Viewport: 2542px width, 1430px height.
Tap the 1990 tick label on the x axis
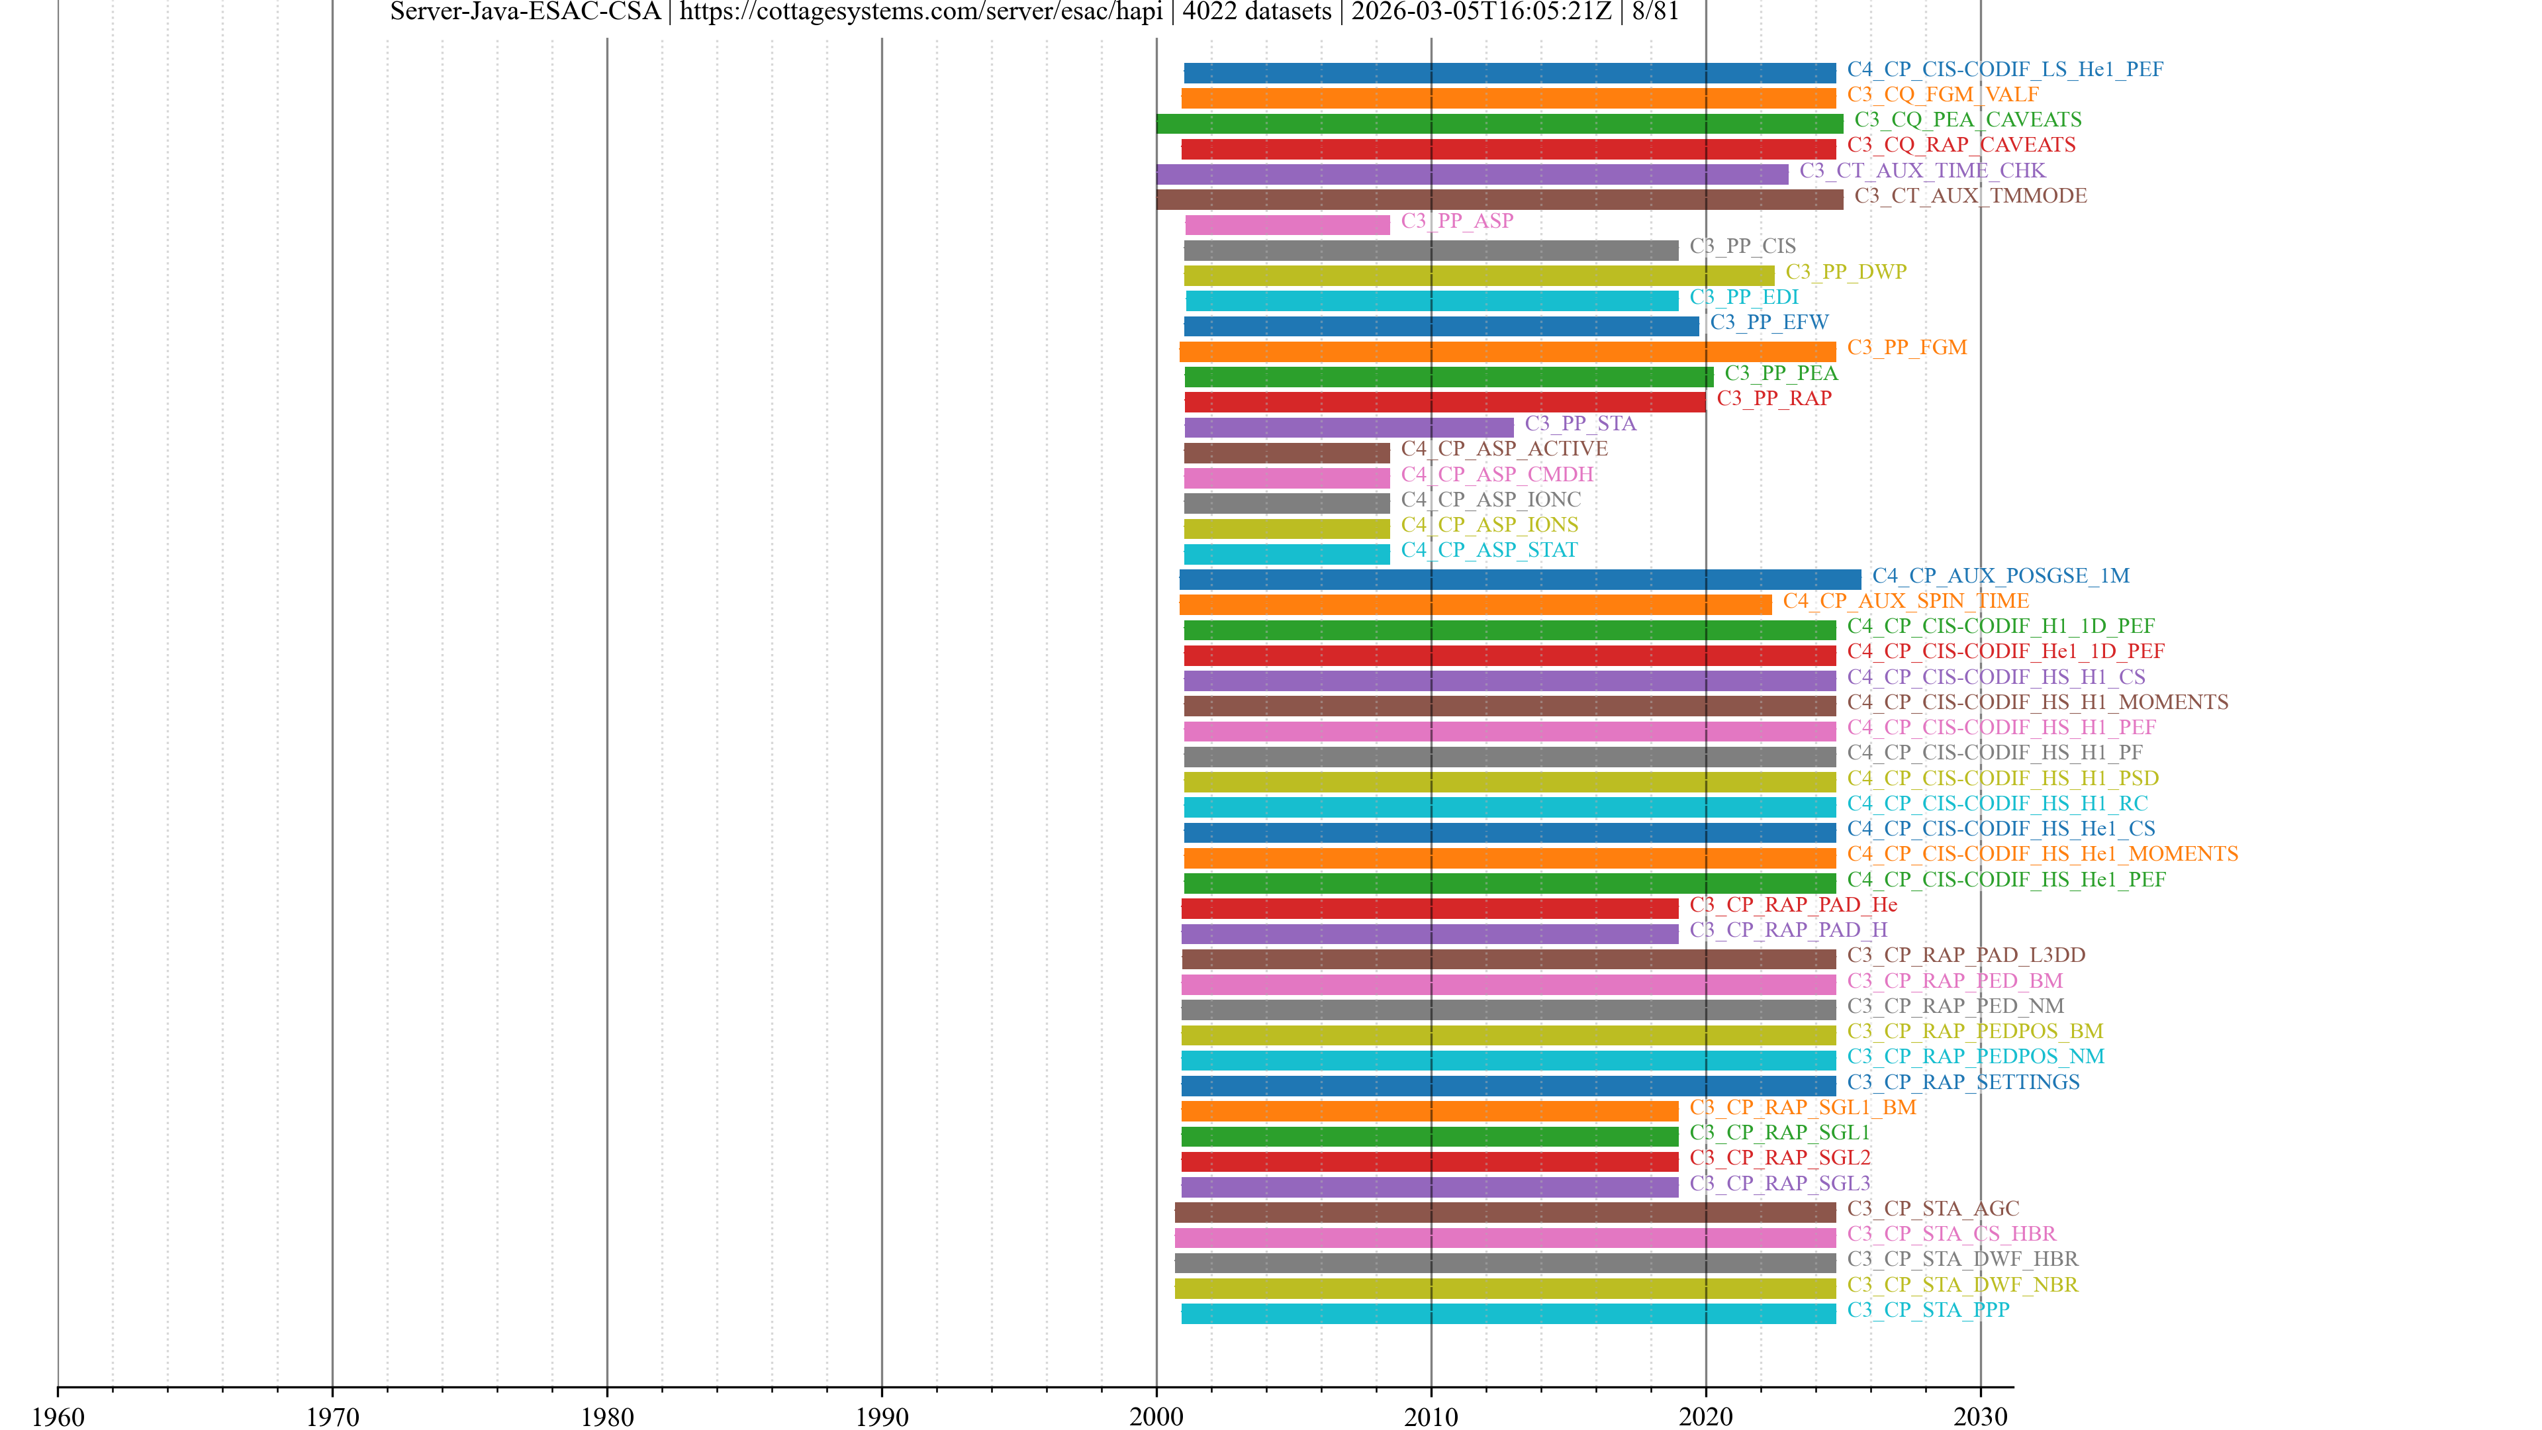881,1416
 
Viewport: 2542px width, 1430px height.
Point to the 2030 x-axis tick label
1979,1416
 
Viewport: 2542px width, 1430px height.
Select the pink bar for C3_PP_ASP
1287,225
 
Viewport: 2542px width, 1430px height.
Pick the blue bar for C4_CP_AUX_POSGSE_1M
1520,579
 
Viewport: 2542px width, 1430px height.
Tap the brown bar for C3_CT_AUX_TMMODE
1499,199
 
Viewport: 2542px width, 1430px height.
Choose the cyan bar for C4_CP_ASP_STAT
1287,553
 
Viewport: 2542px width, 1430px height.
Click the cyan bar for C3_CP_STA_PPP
1508,1313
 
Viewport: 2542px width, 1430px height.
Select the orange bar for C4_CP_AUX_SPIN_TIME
1476,605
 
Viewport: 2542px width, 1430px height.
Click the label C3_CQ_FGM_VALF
1942,95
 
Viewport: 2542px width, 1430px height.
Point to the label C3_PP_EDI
1744,297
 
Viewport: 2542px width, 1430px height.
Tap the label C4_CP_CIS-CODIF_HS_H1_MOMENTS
2038,702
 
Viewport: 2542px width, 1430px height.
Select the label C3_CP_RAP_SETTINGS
1963,1082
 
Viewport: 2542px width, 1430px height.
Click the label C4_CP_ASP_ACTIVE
1504,449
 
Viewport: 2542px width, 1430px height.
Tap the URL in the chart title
921,12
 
